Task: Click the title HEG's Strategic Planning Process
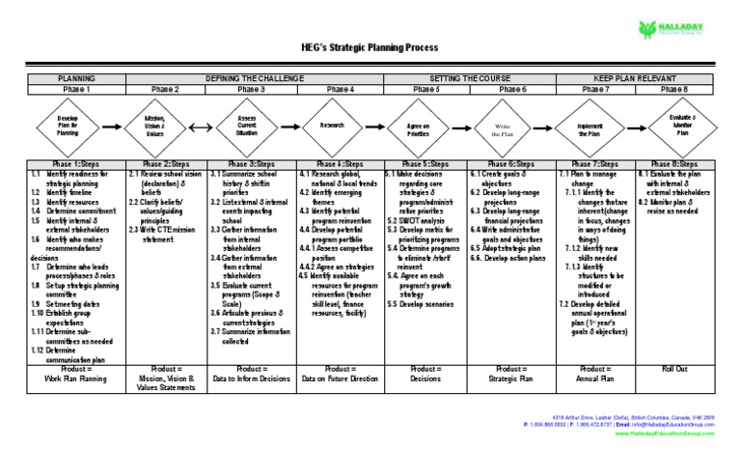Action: (x=370, y=47)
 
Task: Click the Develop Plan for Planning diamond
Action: (x=69, y=126)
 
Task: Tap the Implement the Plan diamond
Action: (x=590, y=126)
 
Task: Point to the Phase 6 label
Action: (x=510, y=89)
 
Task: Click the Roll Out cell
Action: (x=675, y=369)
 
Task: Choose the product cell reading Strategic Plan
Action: (x=510, y=380)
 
